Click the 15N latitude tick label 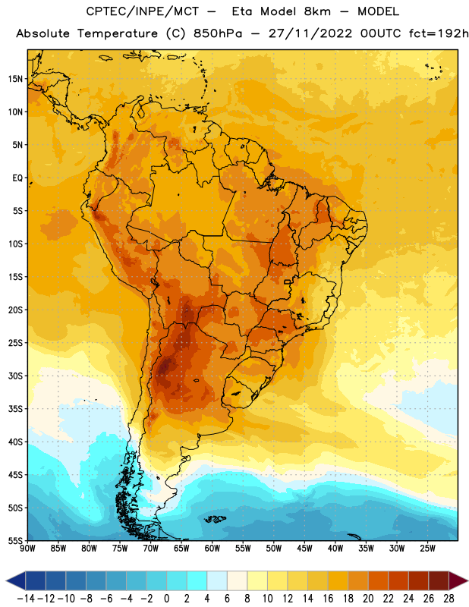coord(15,79)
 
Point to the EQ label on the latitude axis coord(17,178)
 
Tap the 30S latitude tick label coord(15,376)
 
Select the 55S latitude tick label coord(15,540)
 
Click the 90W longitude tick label coord(27,549)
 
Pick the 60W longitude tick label coord(212,549)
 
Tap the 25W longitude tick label coord(427,549)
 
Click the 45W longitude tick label coord(305,549)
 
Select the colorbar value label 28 coord(449,599)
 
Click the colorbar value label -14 coord(26,599)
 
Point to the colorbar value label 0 coord(166,599)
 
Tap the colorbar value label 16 coord(328,599)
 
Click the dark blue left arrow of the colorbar coord(16,580)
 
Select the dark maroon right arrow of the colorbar coord(458,580)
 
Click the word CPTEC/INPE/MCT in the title coord(142,11)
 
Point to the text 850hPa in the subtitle coord(218,33)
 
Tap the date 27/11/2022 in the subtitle coord(310,33)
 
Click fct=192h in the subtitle coord(439,33)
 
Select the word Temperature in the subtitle coord(118,34)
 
